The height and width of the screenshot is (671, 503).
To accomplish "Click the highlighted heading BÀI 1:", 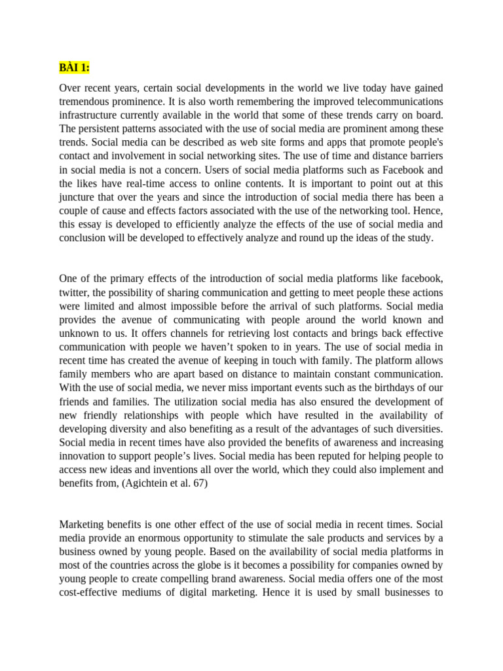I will [x=74, y=68].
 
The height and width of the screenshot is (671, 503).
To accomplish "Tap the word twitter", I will [x=75, y=292].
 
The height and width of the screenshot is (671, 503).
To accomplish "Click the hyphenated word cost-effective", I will [x=93, y=592].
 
